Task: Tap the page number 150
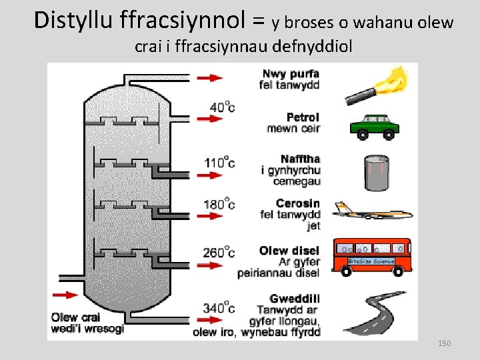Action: coord(444,343)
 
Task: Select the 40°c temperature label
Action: coord(222,107)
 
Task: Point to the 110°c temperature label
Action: coord(220,162)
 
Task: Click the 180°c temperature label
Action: coord(220,204)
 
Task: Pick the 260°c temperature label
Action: coord(220,253)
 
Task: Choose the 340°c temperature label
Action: coord(220,308)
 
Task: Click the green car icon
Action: coord(374,125)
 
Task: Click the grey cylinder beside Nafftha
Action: coord(377,173)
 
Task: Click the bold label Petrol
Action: coord(303,117)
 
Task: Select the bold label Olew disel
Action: coord(289,251)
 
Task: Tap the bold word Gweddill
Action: coord(295,299)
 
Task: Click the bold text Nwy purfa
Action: coord(291,73)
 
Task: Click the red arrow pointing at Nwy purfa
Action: coord(211,77)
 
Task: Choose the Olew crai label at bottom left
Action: coord(75,317)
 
